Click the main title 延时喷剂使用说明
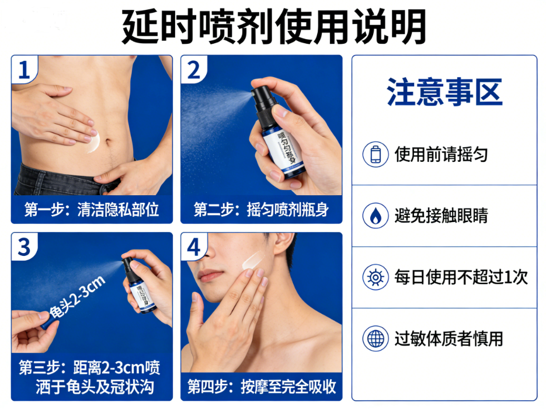pyautogui.click(x=273, y=26)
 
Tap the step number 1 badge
pyautogui.click(x=24, y=70)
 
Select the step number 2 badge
pyautogui.click(x=193, y=70)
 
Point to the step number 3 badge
pyautogui.click(x=24, y=247)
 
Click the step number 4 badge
pyautogui.click(x=193, y=247)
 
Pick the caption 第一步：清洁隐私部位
pyautogui.click(x=92, y=210)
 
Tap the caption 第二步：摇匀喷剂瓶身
pyautogui.click(x=261, y=210)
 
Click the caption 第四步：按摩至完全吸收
pyautogui.click(x=261, y=386)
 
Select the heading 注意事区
pyautogui.click(x=444, y=93)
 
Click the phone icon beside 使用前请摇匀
pyautogui.click(x=375, y=155)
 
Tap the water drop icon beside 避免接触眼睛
pyautogui.click(x=375, y=216)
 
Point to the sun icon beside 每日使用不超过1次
pyautogui.click(x=375, y=277)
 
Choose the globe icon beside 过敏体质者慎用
pyautogui.click(x=375, y=338)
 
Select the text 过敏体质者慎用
pyautogui.click(x=448, y=338)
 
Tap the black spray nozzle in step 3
pyautogui.click(x=128, y=266)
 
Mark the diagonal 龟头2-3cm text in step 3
pyautogui.click(x=76, y=297)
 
